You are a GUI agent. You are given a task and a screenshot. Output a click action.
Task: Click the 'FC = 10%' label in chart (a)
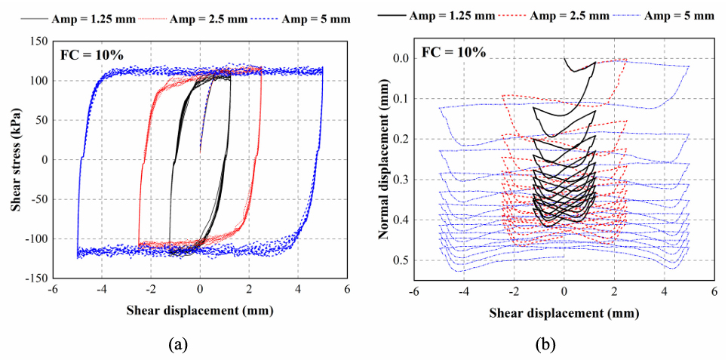tap(88, 54)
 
